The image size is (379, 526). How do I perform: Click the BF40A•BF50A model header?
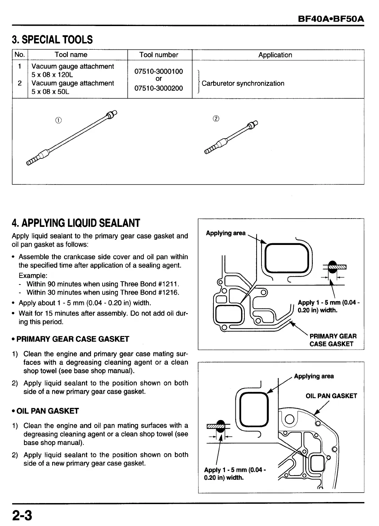tap(331, 18)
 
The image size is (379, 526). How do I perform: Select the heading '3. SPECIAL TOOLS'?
tap(53, 40)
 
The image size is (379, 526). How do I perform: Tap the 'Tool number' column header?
tap(159, 55)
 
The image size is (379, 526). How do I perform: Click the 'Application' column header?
tap(275, 55)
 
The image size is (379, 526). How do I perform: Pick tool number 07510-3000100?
tap(159, 71)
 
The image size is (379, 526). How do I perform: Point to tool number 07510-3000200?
tap(159, 88)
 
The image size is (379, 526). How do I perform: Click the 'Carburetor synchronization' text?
tap(243, 83)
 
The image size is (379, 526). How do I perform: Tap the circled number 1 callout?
tap(58, 120)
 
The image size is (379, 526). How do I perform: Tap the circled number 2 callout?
tap(216, 118)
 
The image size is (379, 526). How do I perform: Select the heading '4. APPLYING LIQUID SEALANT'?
tap(76, 223)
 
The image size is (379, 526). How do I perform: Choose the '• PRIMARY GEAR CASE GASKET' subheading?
tap(71, 339)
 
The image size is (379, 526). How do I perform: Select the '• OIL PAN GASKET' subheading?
tap(46, 411)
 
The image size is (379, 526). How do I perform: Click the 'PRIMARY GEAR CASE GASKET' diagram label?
tap(333, 340)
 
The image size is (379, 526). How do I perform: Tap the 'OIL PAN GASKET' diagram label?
tap(331, 396)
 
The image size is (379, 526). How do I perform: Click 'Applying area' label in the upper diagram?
tap(226, 233)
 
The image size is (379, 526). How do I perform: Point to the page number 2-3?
tap(22, 515)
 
